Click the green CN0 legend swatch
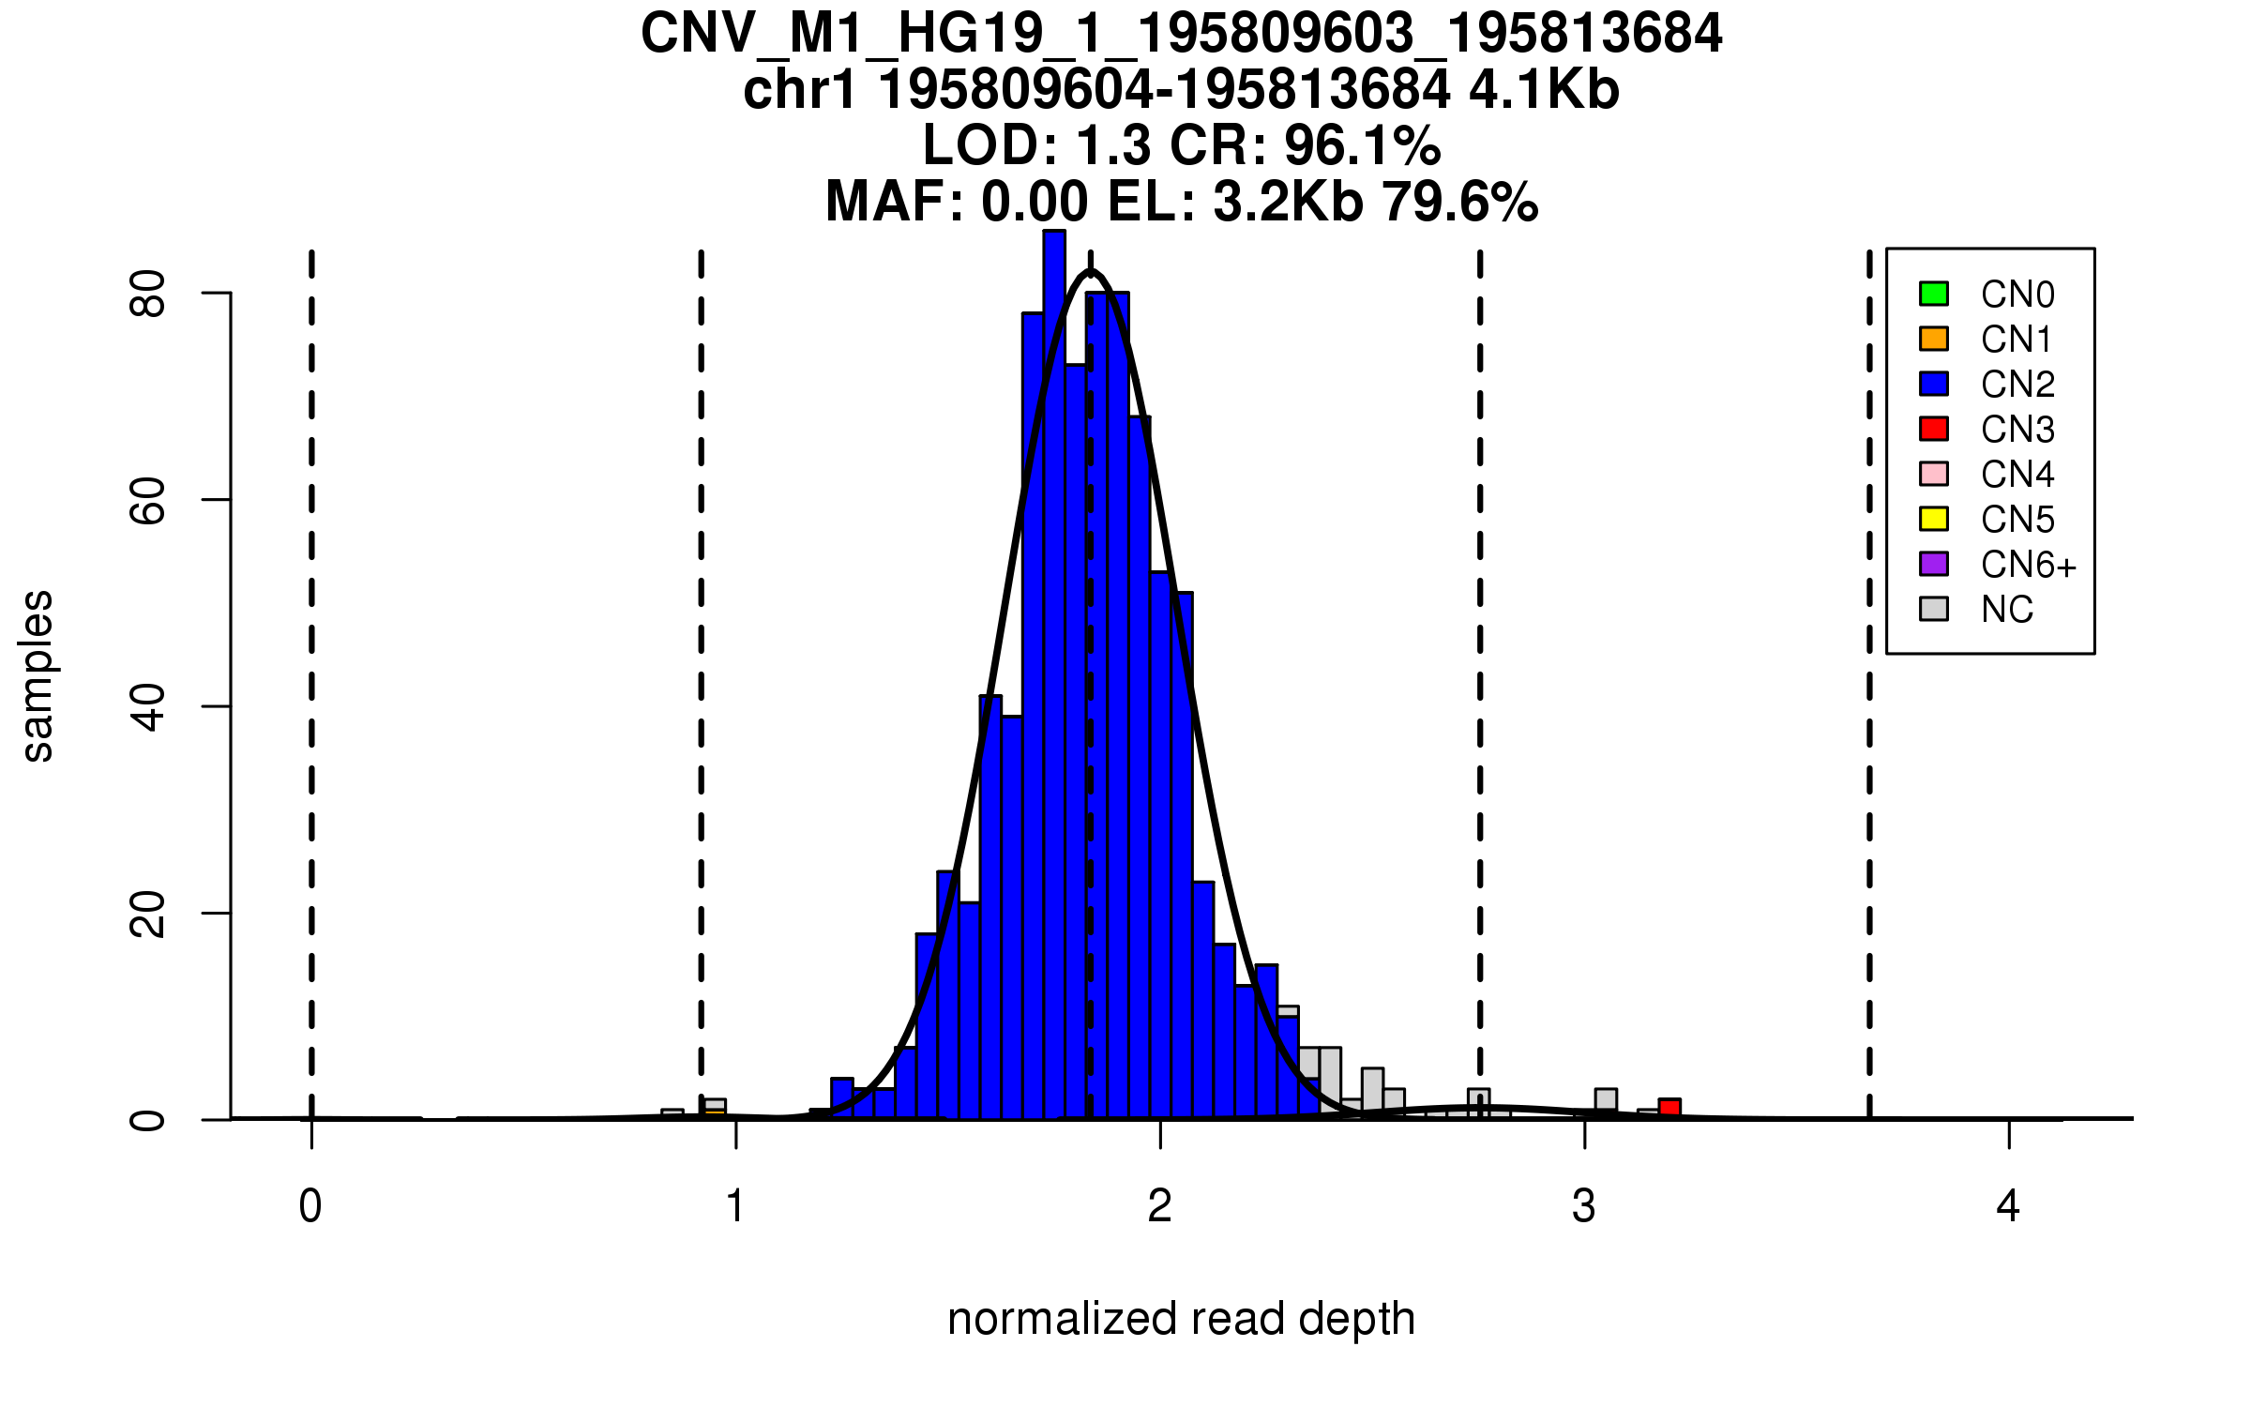[1934, 294]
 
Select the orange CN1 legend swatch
[1934, 339]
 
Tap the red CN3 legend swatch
[1934, 429]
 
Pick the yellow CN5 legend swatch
[1934, 519]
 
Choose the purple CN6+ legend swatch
[1934, 564]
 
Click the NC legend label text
[2006, 610]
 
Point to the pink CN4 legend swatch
[1934, 474]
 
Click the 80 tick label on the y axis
[148, 294]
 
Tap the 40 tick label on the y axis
[148, 706]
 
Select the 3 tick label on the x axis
[1584, 1206]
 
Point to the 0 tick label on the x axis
[310, 1206]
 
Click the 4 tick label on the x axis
[2008, 1206]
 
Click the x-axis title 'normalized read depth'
[1181, 1319]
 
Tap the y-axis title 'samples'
[38, 675]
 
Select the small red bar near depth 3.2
[1669, 1108]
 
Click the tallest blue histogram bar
[1054, 675]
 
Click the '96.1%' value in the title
[1362, 145]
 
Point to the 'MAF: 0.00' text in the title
[957, 202]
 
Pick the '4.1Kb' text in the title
[1544, 90]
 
